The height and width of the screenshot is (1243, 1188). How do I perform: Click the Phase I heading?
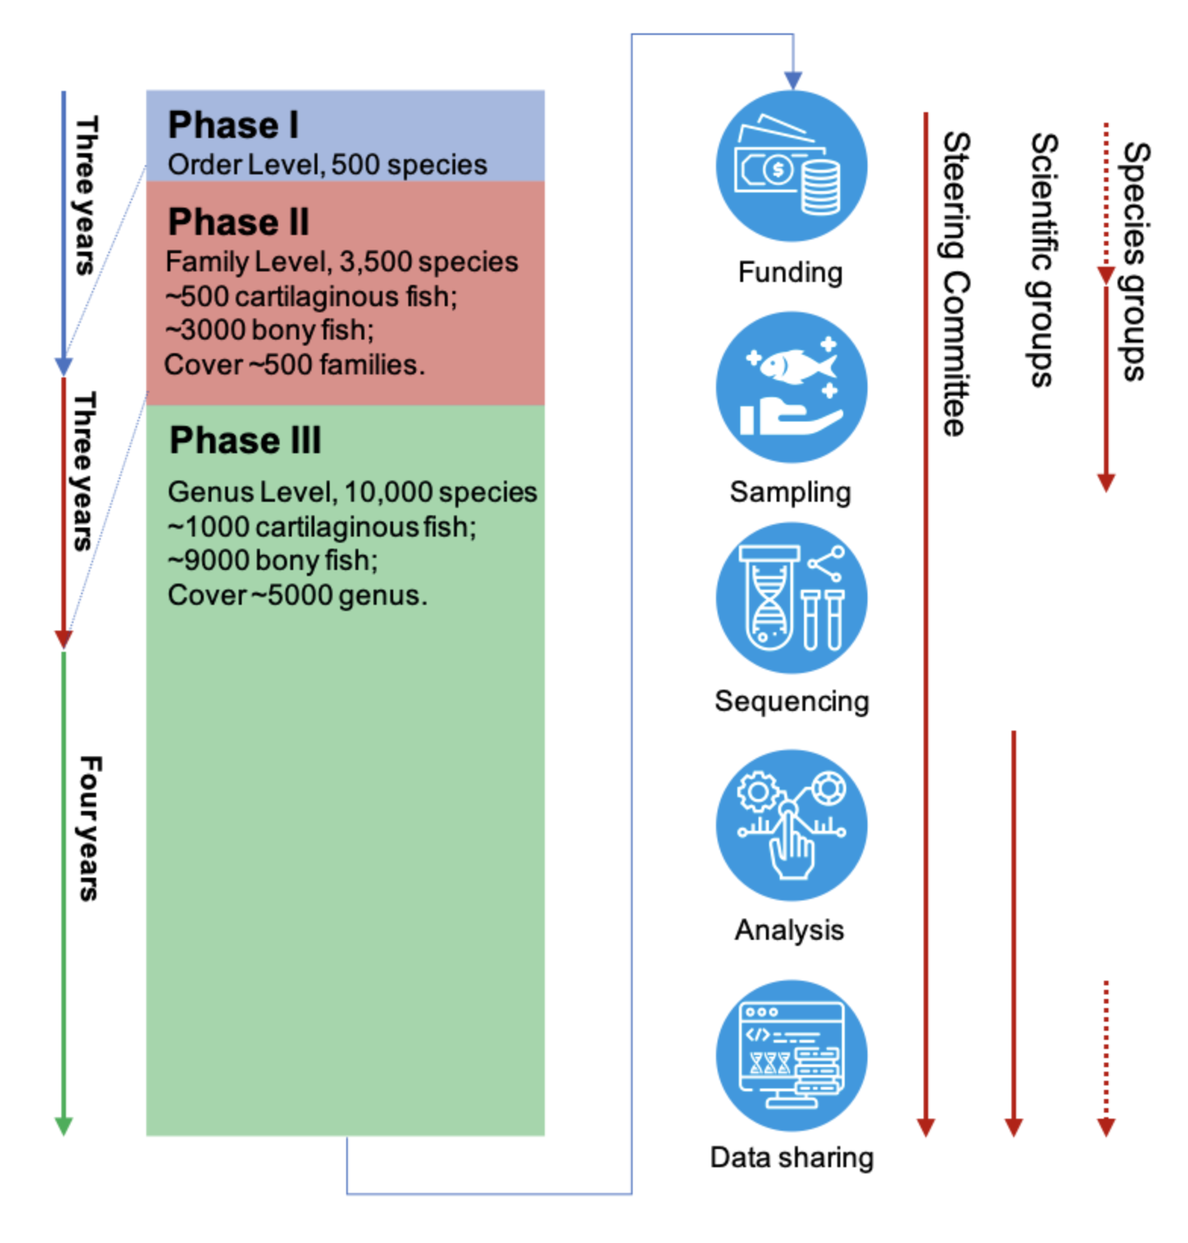click(x=233, y=125)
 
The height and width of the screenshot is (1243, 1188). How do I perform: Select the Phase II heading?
click(x=239, y=222)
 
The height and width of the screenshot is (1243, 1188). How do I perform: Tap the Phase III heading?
click(x=245, y=440)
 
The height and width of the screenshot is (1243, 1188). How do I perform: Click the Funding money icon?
click(x=792, y=166)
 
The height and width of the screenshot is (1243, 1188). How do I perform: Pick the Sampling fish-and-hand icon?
click(x=792, y=387)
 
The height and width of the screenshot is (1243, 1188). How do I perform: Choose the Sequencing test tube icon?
click(x=792, y=598)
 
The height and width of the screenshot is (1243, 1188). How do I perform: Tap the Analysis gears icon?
click(x=792, y=825)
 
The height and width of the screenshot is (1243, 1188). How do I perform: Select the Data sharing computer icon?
click(x=792, y=1056)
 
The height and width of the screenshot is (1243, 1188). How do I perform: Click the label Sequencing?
click(x=792, y=702)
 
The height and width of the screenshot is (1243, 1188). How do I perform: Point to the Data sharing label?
click(x=792, y=1157)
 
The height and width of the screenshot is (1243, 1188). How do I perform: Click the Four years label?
click(x=89, y=828)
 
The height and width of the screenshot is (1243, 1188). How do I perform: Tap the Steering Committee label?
click(x=956, y=284)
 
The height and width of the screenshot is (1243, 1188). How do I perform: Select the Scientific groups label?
click(x=1044, y=260)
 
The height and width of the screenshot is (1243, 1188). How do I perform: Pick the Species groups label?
click(x=1135, y=261)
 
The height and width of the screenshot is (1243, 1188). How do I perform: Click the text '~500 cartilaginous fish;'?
click(x=311, y=296)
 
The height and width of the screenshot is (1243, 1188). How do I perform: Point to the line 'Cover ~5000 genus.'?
click(x=297, y=596)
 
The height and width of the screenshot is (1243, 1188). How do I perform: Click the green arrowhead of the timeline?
click(x=64, y=1126)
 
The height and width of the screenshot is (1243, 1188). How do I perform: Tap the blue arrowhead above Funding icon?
click(x=793, y=80)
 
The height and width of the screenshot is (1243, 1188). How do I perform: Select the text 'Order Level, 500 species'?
click(x=327, y=164)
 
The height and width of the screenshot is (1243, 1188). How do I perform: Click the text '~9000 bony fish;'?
click(x=273, y=561)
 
